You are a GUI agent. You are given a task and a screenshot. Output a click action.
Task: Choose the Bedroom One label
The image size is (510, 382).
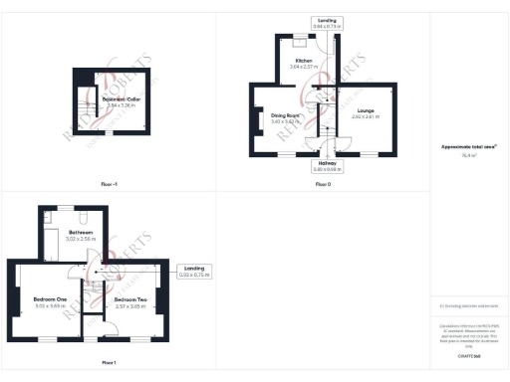tap(49, 299)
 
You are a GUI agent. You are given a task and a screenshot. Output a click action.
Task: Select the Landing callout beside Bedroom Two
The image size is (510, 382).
tap(193, 270)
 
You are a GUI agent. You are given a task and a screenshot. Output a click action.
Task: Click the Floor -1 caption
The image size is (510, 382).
tap(109, 184)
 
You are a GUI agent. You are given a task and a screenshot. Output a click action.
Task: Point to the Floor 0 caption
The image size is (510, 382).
tap(322, 184)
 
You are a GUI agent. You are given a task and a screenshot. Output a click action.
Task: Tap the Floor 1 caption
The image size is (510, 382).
tap(108, 362)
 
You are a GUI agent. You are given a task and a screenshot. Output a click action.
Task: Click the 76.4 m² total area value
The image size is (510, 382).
tap(469, 155)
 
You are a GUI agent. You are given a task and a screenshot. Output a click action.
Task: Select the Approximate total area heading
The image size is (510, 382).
tap(469, 146)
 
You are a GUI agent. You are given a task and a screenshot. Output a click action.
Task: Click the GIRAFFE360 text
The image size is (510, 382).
tap(469, 354)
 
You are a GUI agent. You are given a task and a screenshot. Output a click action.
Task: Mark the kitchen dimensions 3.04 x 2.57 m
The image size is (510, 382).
tap(302, 67)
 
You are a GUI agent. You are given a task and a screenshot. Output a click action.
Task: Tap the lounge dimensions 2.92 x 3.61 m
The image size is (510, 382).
tap(365, 116)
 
